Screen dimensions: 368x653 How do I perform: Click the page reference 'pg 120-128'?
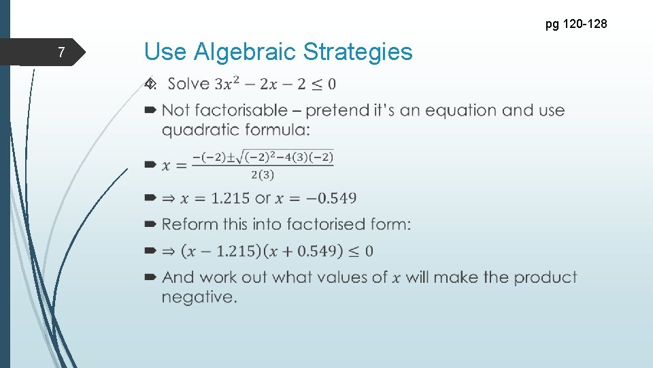[x=575, y=25]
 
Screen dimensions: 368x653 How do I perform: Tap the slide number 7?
[x=61, y=52]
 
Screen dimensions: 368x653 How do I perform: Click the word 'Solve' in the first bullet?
[x=188, y=84]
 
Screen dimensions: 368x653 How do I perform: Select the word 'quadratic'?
[x=198, y=129]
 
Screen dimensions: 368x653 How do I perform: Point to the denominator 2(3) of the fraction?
[x=263, y=175]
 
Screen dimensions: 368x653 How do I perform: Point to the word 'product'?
[x=545, y=277]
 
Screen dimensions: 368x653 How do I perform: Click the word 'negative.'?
[x=199, y=297]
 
